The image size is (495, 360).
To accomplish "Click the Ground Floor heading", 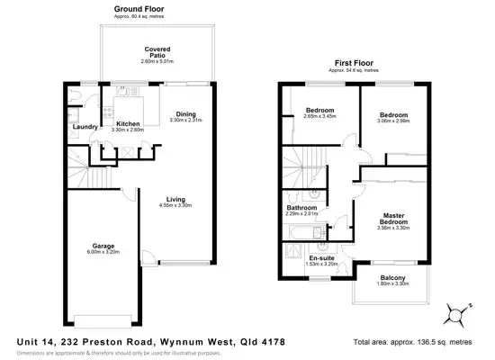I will [139, 8].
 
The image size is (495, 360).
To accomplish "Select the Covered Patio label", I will [157, 52].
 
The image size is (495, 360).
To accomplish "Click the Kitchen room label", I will [128, 123].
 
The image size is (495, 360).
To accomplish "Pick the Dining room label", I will [187, 113].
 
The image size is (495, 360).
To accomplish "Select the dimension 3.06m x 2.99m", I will [393, 122].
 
